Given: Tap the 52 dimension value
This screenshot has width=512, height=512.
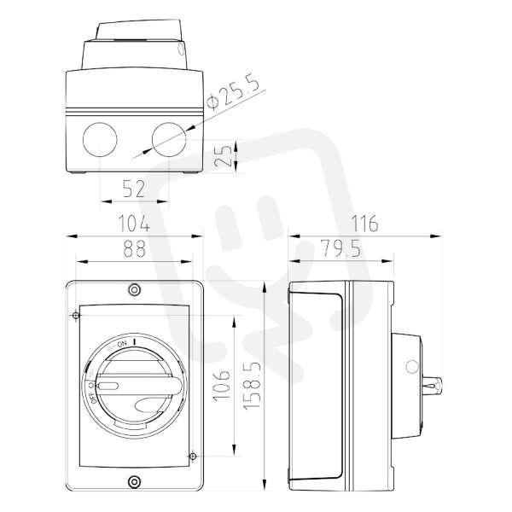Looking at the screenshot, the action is pos(134,189).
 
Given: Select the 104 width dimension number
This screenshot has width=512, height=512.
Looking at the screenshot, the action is pos(134,224).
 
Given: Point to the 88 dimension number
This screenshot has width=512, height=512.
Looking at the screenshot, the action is pos(134,248).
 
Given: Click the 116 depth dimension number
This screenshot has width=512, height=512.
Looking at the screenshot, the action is pos(364,224).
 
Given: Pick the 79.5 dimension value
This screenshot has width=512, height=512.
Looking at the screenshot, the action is pos(340,248).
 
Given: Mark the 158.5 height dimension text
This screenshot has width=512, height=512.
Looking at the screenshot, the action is pos(253,384).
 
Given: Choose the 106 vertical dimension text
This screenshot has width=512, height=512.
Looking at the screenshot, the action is pos(222,385).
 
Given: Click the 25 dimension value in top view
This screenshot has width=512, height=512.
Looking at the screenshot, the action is pos(224,156).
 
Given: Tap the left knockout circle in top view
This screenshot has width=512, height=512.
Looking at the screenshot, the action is pos(100,140).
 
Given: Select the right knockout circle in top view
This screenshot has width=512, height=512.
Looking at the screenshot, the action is pos(169,140).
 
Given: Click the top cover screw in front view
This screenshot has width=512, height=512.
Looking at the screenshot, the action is pos(134,289).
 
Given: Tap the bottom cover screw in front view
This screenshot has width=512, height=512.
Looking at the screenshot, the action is pos(134,481).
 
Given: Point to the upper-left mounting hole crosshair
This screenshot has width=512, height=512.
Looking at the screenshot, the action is pos(76,316).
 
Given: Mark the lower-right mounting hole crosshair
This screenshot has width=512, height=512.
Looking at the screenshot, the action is pos(193,456).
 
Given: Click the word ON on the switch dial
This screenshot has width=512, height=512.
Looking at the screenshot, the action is pos(122,343).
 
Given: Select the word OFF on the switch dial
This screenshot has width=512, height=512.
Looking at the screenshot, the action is pos(92,397).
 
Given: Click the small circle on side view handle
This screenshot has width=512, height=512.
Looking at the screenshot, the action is pos(412,366).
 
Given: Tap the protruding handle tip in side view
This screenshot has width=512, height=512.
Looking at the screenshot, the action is pos(434,386).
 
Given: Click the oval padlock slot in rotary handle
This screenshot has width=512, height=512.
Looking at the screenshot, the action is pos(108,387).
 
